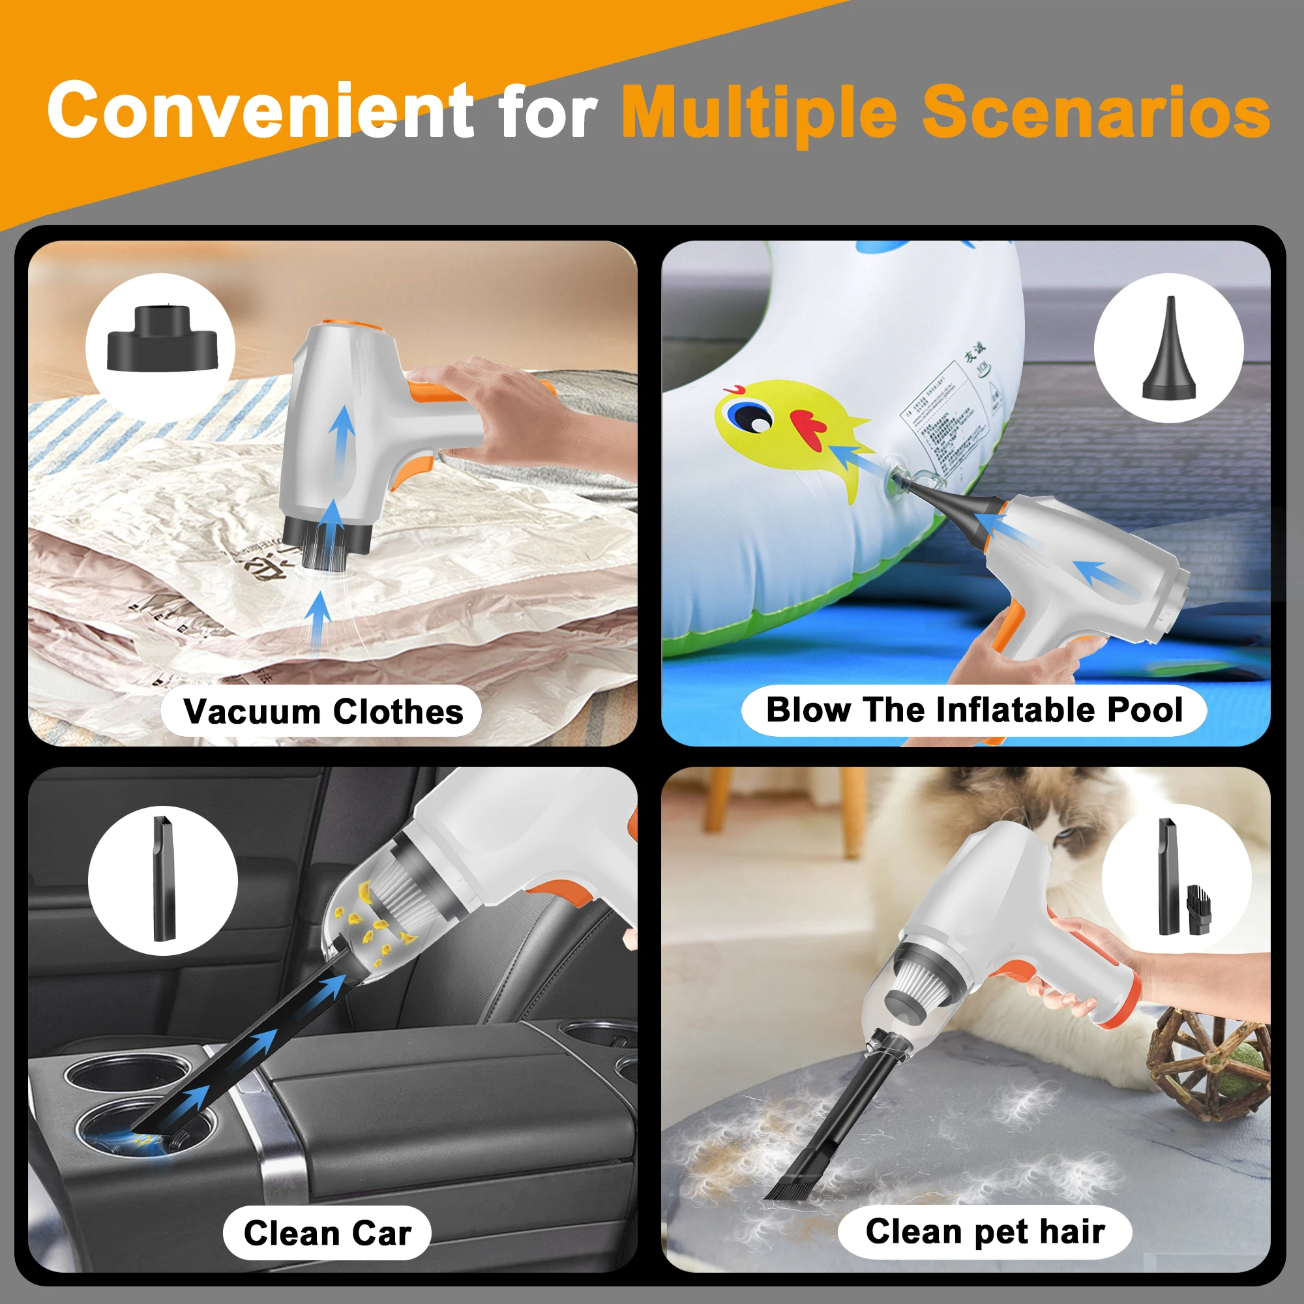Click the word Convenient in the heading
261,110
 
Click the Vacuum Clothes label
323,711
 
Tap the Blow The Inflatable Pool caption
974,710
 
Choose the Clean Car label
327,1233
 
